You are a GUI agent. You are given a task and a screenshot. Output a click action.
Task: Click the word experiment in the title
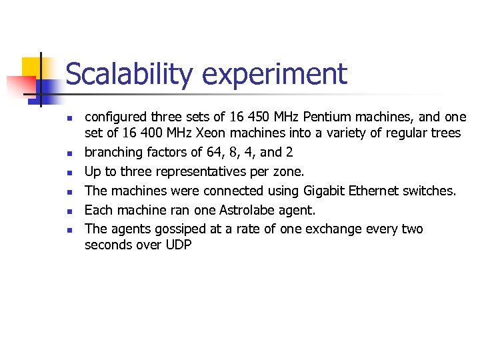pos(275,75)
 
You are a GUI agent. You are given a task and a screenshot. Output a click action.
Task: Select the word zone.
pos(290,171)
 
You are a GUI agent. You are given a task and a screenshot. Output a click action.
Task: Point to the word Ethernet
pos(377,191)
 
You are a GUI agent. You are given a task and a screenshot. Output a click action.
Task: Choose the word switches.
pos(432,191)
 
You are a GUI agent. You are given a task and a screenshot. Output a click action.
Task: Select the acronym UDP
pos(178,245)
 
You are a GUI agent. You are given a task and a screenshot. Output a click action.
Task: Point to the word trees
pos(445,133)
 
